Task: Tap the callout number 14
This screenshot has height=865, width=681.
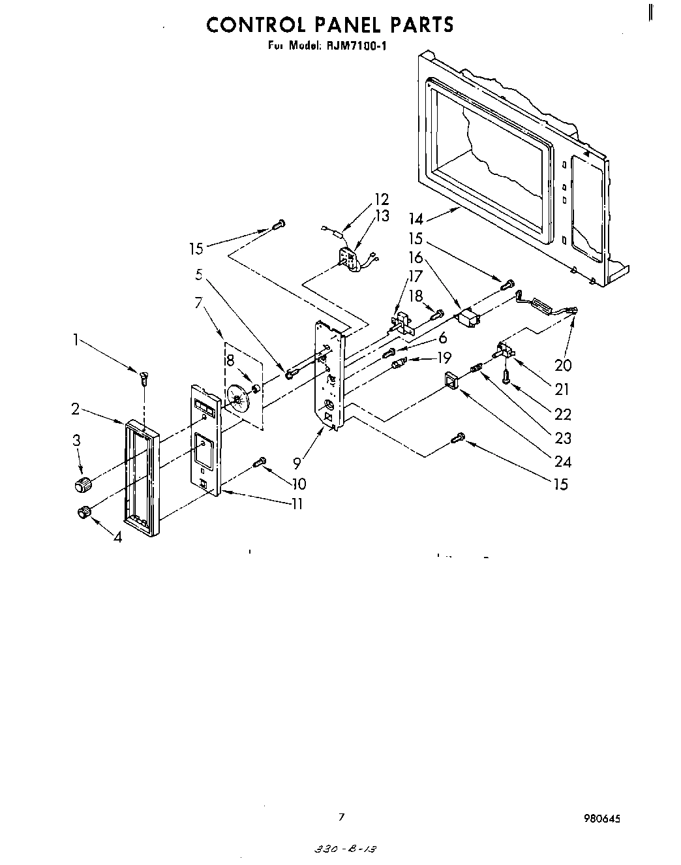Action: pyautogui.click(x=416, y=219)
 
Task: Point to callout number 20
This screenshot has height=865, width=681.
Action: pyautogui.click(x=562, y=365)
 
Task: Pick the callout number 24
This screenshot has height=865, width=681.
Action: pyautogui.click(x=562, y=462)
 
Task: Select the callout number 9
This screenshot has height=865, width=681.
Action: pyautogui.click(x=297, y=464)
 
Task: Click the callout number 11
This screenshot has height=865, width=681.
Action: pyautogui.click(x=297, y=504)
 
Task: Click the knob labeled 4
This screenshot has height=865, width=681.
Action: pyautogui.click(x=83, y=512)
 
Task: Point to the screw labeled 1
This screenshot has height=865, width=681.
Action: pyautogui.click(x=142, y=377)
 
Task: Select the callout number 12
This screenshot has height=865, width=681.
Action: pyautogui.click(x=381, y=199)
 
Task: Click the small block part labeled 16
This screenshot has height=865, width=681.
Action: pyautogui.click(x=469, y=319)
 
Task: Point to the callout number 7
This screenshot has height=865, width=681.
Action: pyautogui.click(x=199, y=302)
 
